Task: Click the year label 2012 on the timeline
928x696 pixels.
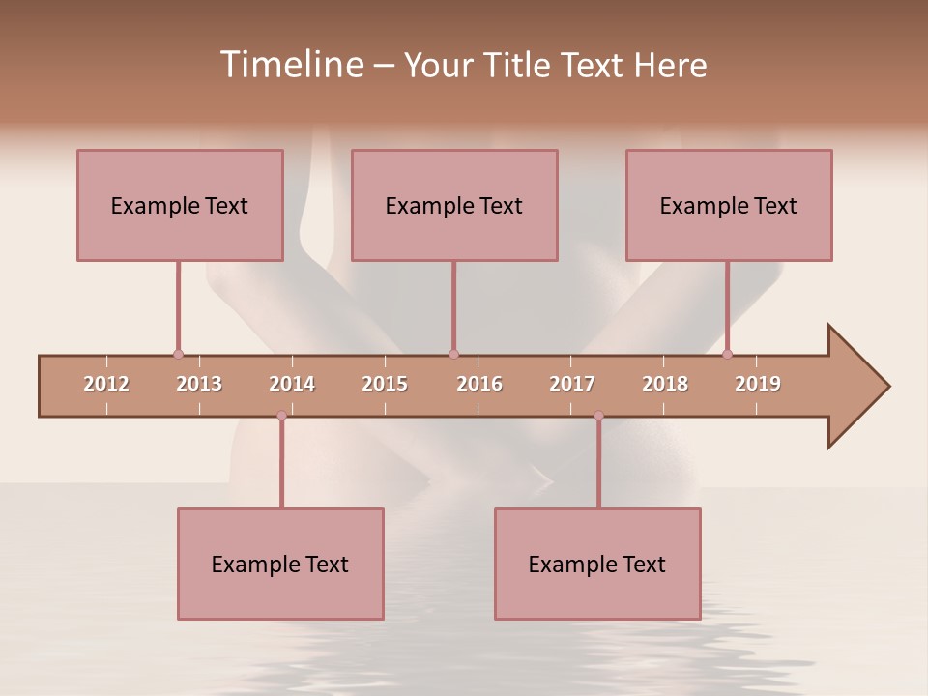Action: tap(106, 384)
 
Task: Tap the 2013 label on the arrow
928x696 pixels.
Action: tap(199, 384)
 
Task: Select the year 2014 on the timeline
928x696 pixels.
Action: tap(292, 384)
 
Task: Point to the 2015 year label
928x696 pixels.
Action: tap(385, 384)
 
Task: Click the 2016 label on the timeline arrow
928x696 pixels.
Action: tap(479, 384)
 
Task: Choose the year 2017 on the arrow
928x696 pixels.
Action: tap(572, 384)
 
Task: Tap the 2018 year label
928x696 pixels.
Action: tap(665, 384)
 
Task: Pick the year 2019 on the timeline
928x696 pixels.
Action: tap(758, 384)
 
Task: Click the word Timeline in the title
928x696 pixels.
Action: tap(290, 65)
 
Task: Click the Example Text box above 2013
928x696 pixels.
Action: tap(180, 205)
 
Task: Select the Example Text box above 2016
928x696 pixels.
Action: tap(454, 205)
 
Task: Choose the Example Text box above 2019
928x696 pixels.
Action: tap(729, 205)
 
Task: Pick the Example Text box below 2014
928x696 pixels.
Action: tap(280, 564)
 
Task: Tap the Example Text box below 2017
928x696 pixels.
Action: tap(597, 564)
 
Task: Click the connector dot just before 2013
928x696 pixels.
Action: tap(178, 354)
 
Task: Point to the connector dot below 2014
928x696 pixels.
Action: tap(281, 416)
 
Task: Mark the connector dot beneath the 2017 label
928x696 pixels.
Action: tap(598, 416)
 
